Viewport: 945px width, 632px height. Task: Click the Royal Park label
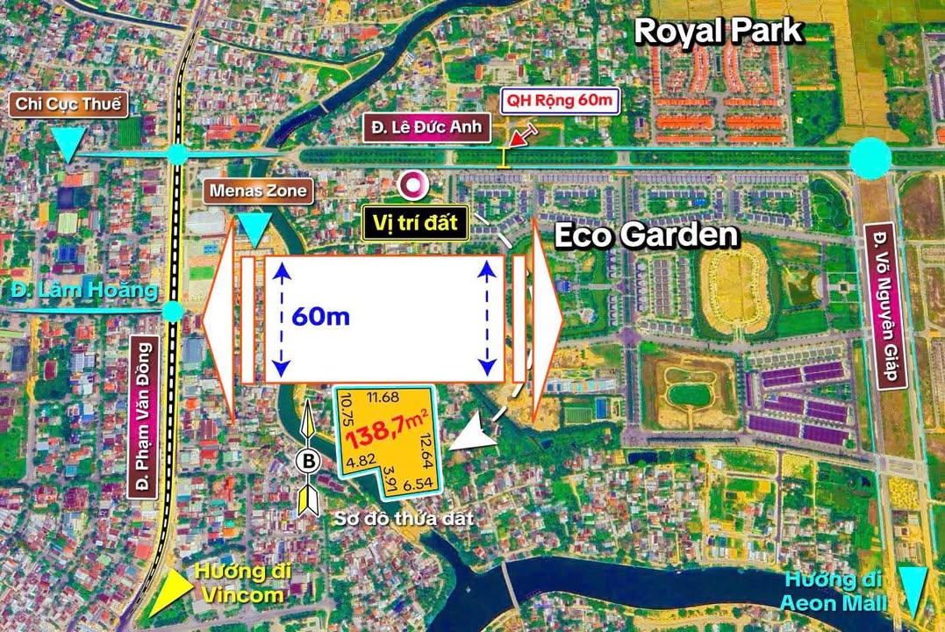coord(718,31)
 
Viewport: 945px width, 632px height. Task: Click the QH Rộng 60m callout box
coord(560,101)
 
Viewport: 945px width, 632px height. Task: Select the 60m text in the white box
coord(322,317)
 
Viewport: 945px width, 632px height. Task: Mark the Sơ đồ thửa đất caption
coord(404,519)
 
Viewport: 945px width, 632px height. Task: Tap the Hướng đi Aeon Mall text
coord(835,592)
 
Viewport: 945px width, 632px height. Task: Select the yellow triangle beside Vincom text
coord(170,593)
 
